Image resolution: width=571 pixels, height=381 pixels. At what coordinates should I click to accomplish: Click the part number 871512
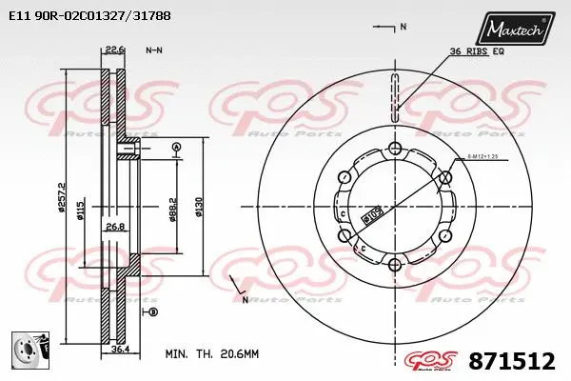tap(512, 362)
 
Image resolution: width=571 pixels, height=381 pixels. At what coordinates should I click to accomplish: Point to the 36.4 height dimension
tap(119, 349)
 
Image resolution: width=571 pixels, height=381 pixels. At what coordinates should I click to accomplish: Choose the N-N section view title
tap(153, 50)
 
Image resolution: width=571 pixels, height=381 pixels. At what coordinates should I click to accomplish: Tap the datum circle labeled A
tap(176, 146)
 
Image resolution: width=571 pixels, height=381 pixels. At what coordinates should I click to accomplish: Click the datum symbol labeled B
tap(153, 311)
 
